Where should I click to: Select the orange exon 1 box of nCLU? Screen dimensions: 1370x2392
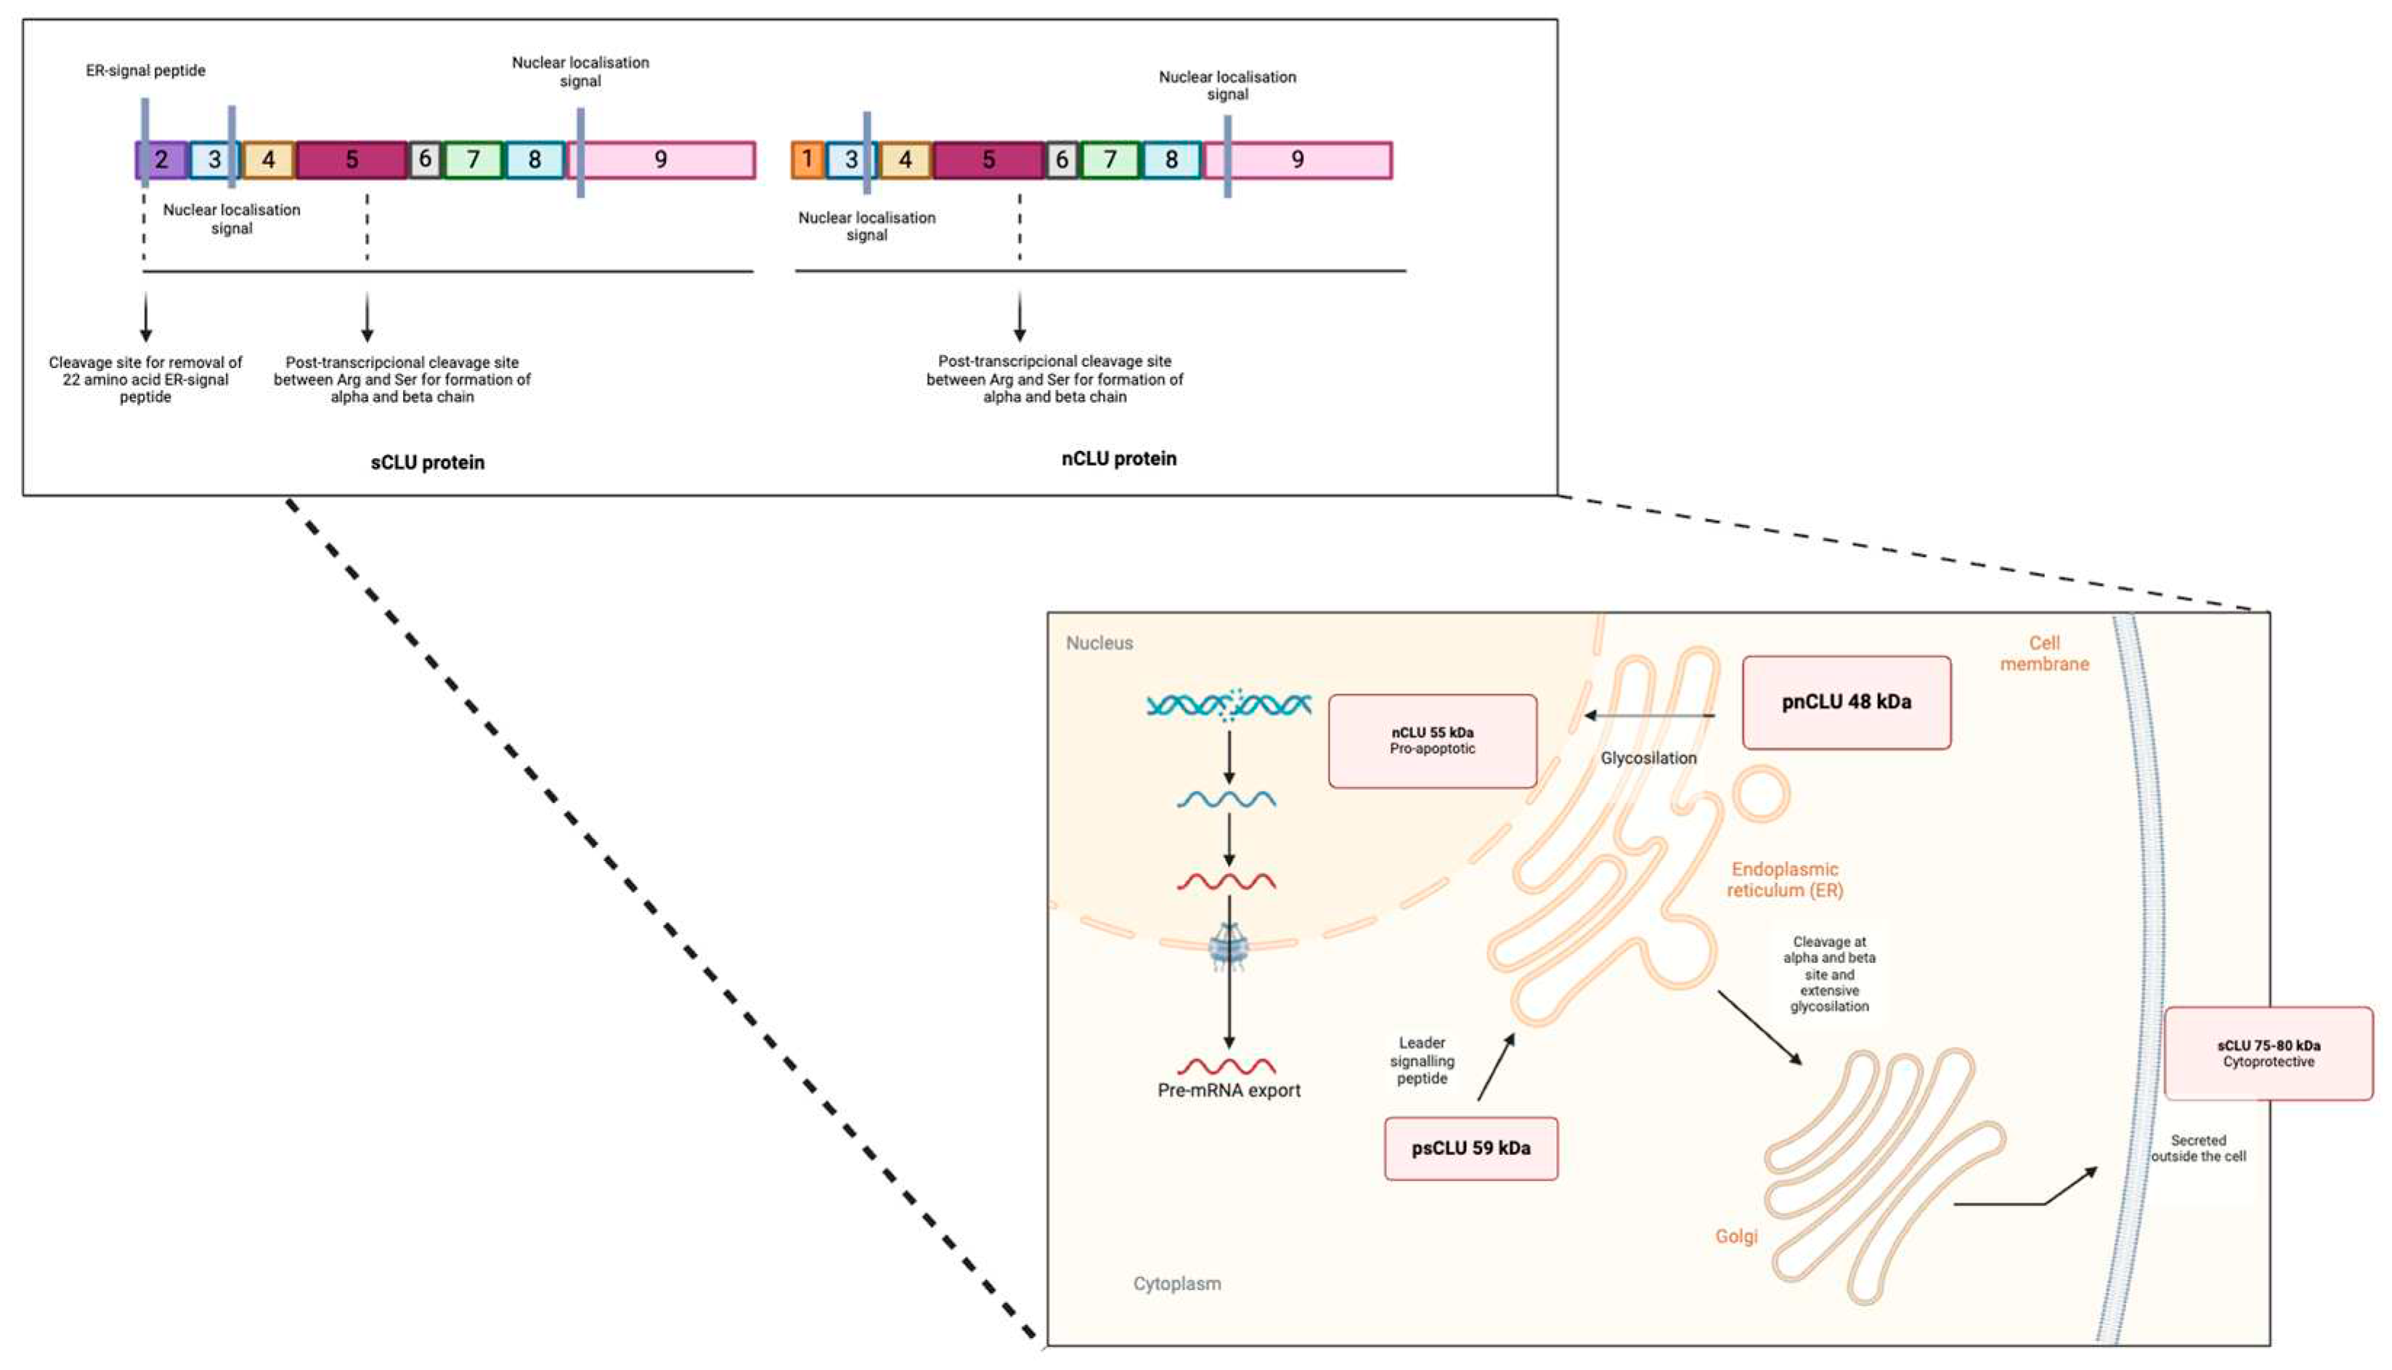click(x=807, y=160)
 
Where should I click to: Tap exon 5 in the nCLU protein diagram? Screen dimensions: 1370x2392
click(x=988, y=160)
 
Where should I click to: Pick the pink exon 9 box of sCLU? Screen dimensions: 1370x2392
click(x=661, y=160)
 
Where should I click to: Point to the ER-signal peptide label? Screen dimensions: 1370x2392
click(x=146, y=70)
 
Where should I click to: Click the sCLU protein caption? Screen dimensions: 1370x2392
click(x=427, y=462)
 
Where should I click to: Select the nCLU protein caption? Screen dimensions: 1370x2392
click(x=1119, y=458)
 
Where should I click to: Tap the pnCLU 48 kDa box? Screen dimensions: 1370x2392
click(x=1845, y=702)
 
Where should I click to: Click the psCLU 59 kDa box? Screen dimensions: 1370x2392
click(x=1470, y=1148)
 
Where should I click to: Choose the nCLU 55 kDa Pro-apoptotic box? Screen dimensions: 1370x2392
click(x=1432, y=741)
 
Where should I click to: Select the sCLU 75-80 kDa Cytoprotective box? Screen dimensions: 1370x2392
click(x=2268, y=1053)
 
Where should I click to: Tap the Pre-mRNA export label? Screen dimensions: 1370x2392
click(x=1228, y=1090)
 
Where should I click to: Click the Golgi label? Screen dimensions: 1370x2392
click(x=1736, y=1236)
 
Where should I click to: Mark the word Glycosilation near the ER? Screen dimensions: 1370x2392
click(x=1648, y=757)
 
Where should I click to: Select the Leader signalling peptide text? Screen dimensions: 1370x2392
click(x=1422, y=1061)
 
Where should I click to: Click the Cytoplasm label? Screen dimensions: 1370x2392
click(x=1176, y=1284)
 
